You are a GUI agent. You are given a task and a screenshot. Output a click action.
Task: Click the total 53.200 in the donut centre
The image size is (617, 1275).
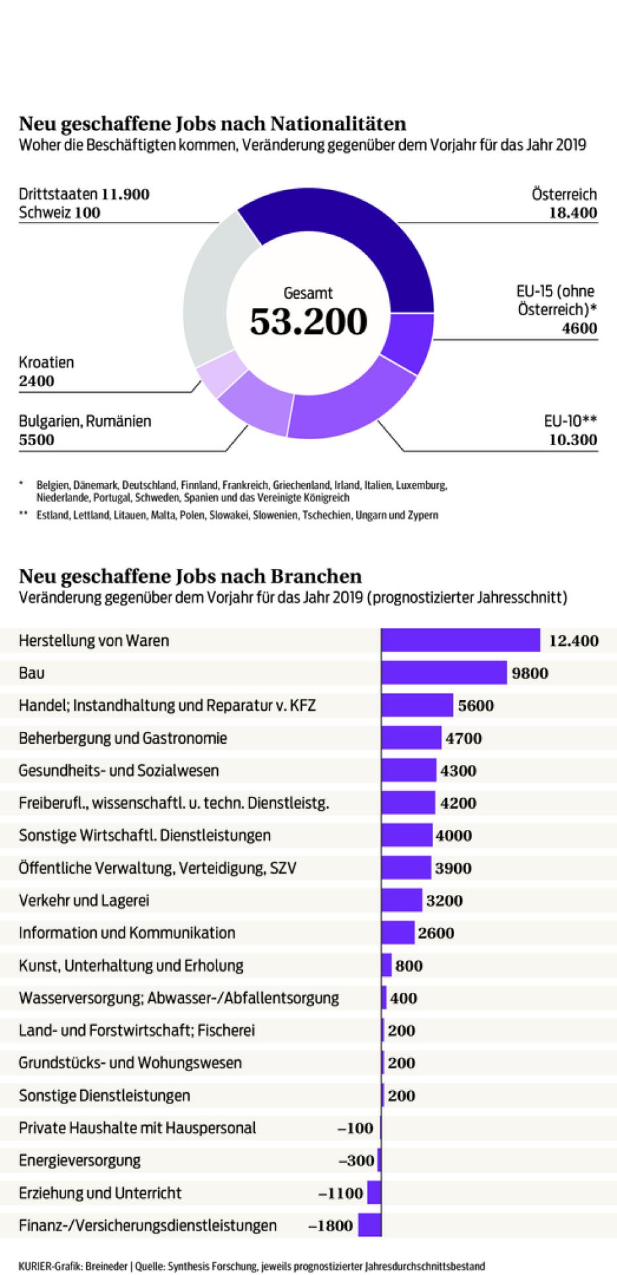[308, 321]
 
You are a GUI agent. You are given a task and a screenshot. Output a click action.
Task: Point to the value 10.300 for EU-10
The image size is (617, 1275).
[573, 440]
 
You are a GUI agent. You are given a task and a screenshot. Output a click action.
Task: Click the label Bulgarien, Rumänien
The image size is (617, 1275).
[85, 421]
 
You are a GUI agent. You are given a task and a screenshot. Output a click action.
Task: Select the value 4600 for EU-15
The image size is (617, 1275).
[579, 329]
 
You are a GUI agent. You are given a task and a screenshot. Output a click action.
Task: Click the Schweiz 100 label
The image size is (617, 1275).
[60, 213]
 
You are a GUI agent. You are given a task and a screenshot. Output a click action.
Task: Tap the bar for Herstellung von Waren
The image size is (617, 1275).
[461, 640]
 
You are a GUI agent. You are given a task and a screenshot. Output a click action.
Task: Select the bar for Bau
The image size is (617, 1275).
[444, 673]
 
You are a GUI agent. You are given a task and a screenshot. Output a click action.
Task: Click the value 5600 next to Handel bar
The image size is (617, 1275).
[475, 705]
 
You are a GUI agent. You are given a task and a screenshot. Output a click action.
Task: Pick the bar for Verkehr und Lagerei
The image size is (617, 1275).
[402, 900]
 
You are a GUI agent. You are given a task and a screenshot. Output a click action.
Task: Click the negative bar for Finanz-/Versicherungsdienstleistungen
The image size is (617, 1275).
[370, 1225]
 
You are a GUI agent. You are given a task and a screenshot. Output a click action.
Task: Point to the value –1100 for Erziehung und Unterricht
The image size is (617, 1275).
[340, 1193]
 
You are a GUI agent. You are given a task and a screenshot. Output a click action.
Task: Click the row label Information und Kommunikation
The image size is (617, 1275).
[126, 933]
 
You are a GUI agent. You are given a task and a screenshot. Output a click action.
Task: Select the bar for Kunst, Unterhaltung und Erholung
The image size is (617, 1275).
[387, 965]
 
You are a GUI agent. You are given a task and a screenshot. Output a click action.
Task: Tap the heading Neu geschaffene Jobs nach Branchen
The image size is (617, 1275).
[190, 576]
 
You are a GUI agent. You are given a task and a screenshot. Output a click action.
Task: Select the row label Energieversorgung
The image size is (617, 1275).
[79, 1160]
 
